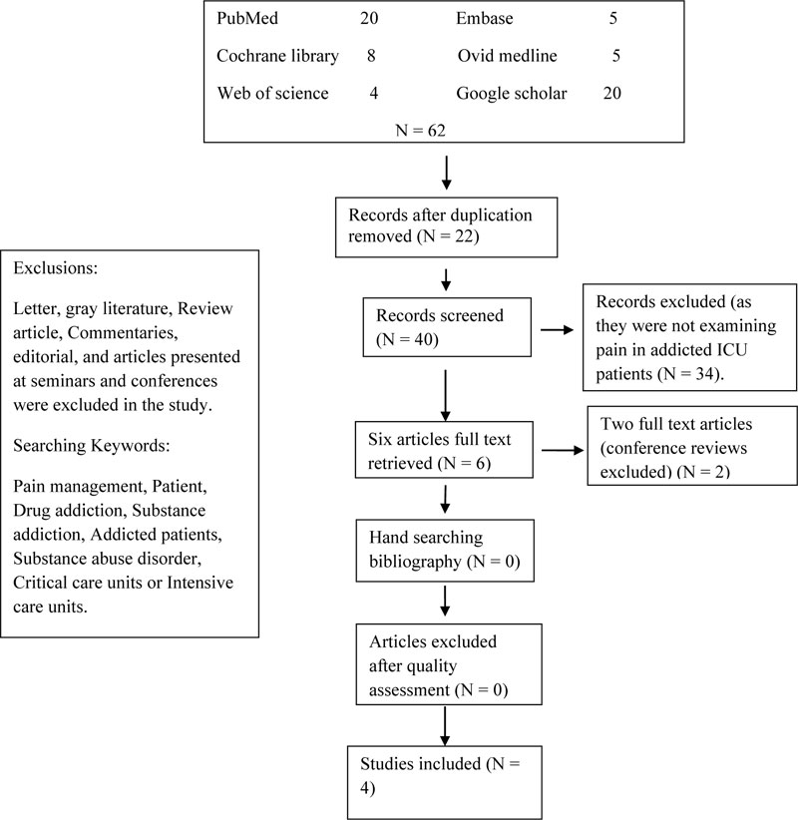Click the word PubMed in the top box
247,18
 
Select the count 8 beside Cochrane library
371,56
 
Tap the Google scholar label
512,93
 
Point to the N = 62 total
420,130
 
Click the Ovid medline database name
508,56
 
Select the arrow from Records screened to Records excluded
557,329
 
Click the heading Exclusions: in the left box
56,268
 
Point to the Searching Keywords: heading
92,446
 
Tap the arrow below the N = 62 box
446,173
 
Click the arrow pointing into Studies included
445,726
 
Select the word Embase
484,18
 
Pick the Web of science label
273,93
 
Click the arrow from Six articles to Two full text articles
563,450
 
